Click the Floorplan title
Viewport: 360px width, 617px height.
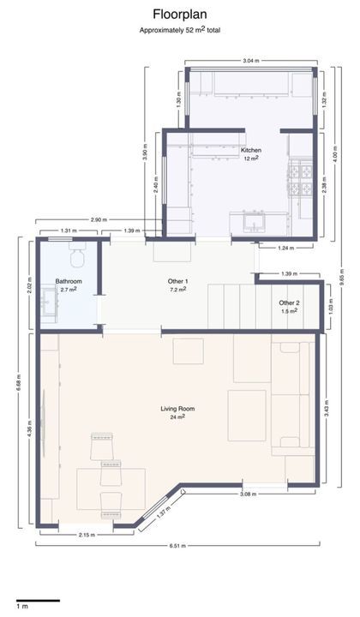point(180,15)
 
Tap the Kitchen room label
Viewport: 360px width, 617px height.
point(251,150)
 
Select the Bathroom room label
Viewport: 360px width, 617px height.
point(69,281)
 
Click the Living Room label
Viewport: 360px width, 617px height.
point(177,409)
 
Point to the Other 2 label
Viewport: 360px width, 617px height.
point(289,303)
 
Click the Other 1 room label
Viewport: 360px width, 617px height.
point(177,281)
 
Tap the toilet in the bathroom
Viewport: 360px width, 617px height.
point(77,255)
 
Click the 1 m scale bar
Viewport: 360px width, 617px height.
point(38,601)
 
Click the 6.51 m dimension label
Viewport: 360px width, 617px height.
point(177,546)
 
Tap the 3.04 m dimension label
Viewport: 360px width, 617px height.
point(251,61)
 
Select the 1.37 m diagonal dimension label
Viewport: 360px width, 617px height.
point(163,511)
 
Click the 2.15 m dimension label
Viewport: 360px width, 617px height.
point(87,535)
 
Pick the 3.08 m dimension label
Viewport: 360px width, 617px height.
point(249,494)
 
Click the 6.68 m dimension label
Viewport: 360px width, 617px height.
point(19,383)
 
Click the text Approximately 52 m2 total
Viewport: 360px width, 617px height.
point(180,30)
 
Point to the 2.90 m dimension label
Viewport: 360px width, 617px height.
point(99,219)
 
